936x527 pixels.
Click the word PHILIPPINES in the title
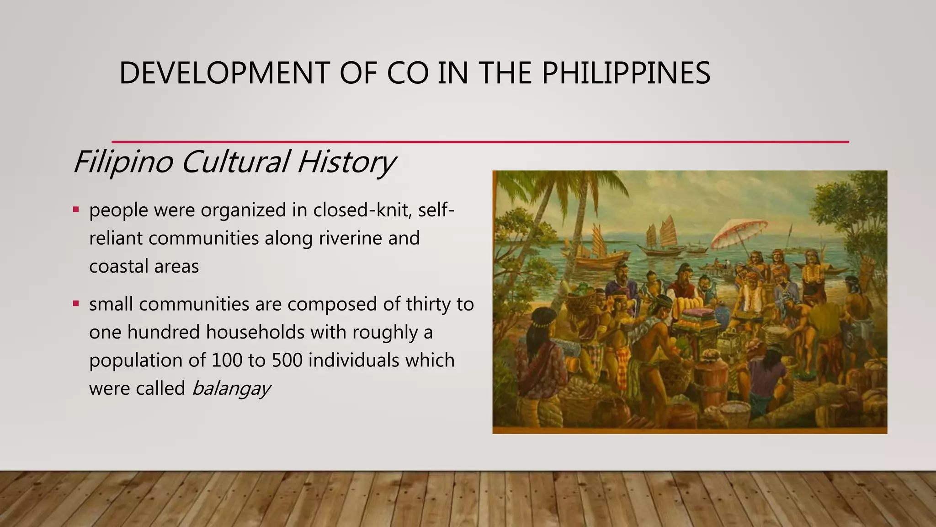626,73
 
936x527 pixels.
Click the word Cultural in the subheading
235,162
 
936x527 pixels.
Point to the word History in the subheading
346,162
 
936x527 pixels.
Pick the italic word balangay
231,389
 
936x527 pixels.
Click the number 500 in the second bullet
287,360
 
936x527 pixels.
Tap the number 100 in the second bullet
227,360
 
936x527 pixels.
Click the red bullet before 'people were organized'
76,210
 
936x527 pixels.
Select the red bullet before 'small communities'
76,303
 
